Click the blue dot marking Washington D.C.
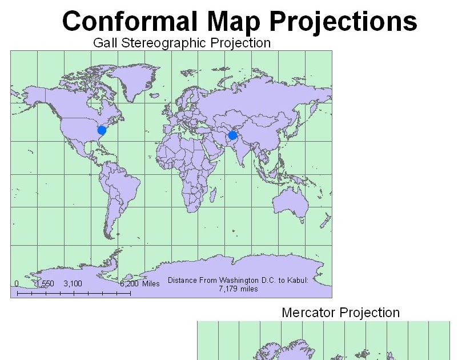point(102,130)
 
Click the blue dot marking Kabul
point(232,135)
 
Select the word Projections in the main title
point(343,22)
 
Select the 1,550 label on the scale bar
point(44,283)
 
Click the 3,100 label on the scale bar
point(73,283)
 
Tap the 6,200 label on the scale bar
point(130,283)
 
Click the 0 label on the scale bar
point(17,283)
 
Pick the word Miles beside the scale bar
point(151,283)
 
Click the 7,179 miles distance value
point(238,289)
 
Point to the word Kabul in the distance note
point(297,281)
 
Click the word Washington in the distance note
point(229,281)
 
